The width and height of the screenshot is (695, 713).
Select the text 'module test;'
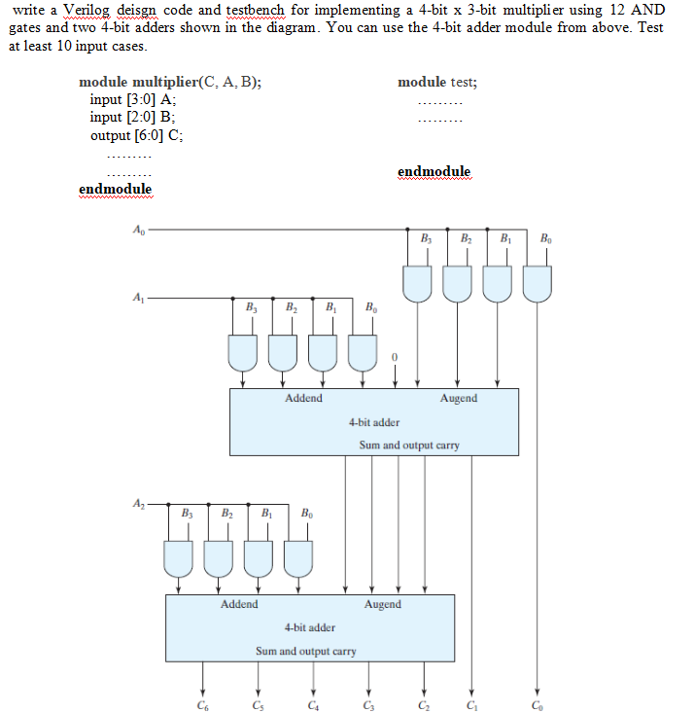(x=436, y=83)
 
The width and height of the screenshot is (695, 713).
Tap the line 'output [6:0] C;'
(x=135, y=135)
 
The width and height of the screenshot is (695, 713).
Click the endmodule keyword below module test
(x=434, y=172)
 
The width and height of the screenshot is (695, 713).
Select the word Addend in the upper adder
(x=303, y=399)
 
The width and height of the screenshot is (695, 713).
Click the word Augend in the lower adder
(x=382, y=604)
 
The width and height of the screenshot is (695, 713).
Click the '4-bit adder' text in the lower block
(x=310, y=627)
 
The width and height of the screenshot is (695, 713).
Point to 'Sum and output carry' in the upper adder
(x=409, y=446)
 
